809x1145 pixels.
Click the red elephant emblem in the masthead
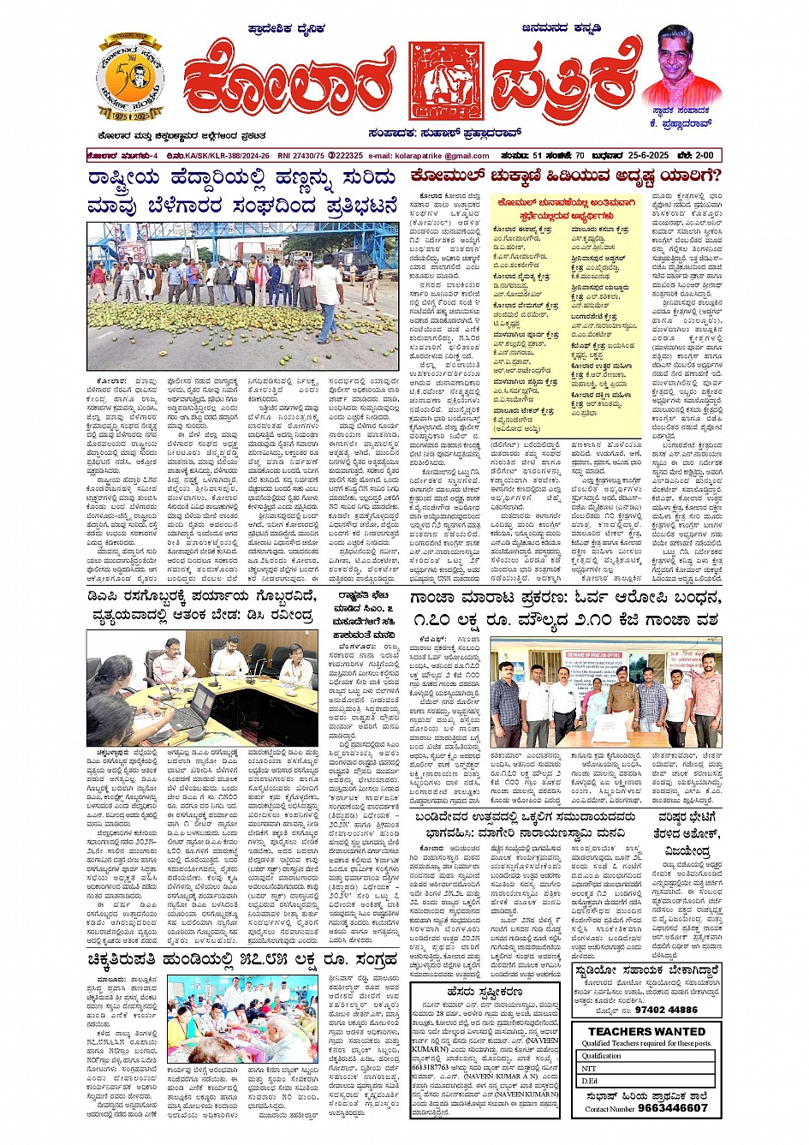click(x=446, y=80)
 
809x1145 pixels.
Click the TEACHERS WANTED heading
click(x=646, y=1031)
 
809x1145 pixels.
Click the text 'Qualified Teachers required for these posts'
click(x=646, y=1043)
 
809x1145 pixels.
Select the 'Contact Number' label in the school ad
click(x=610, y=1108)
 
